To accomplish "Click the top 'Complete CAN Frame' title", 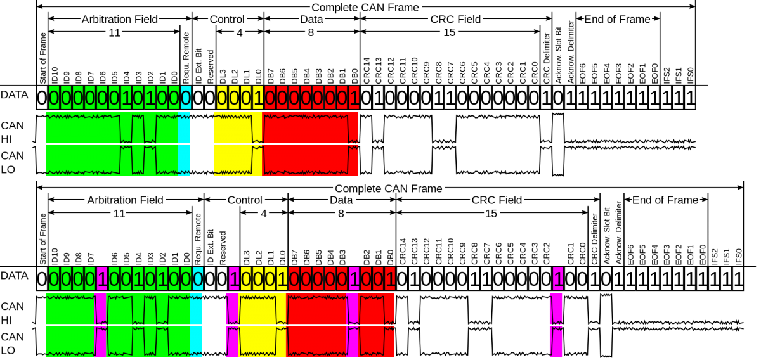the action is click(365, 8).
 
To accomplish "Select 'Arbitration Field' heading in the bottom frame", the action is click(126, 200).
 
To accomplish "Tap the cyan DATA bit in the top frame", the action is click(185, 98).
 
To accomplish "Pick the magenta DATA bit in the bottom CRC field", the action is click(558, 279).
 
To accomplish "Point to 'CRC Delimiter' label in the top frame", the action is click(546, 58).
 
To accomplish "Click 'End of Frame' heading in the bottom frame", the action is click(665, 200).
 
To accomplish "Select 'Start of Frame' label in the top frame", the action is click(42, 58).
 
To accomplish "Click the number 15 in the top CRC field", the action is click(450, 32).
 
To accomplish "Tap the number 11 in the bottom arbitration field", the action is click(119, 214).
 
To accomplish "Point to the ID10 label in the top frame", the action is click(55, 75).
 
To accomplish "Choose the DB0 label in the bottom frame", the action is click(391, 257).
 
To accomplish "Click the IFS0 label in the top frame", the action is click(691, 75).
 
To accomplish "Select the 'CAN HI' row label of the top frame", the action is click(12, 132).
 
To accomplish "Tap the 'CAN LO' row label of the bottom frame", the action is click(12, 344).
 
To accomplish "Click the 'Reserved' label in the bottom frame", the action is click(223, 248).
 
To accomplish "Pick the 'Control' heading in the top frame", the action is click(227, 20).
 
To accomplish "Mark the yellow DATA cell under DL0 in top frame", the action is click(258, 98).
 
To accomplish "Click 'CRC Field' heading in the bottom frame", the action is click(497, 200).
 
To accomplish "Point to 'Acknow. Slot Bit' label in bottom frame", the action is click(607, 236).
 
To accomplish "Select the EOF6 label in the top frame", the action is click(582, 74).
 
